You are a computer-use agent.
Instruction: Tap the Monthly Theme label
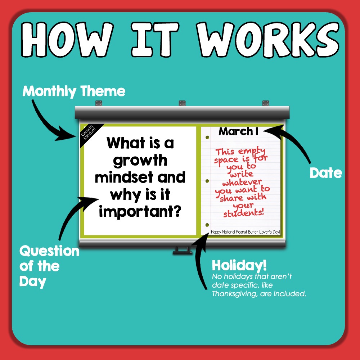[x=74, y=91]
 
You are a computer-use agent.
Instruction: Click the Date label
[x=326, y=173]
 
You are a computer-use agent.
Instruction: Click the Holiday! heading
[x=239, y=266]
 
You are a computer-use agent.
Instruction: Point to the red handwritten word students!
[x=244, y=213]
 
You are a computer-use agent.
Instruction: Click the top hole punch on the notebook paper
[x=207, y=138]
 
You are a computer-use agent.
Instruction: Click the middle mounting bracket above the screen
[x=182, y=103]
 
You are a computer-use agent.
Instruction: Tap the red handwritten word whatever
[x=242, y=182]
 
